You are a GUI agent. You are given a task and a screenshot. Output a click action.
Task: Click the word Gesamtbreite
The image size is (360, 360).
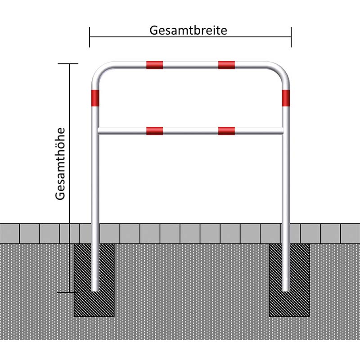coord(188,30)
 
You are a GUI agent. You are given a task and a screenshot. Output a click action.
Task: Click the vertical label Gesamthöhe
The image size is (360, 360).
coord(61,164)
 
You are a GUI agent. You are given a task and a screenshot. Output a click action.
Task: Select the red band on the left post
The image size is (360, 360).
coord(95,98)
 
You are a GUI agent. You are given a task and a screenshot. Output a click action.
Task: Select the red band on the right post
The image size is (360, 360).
coord(286,98)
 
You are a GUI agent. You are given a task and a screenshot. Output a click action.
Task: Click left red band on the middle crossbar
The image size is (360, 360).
coord(154,131)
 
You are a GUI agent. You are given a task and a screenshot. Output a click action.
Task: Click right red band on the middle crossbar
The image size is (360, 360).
coord(226,131)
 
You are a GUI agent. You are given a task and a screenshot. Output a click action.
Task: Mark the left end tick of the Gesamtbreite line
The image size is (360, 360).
coord(90,37)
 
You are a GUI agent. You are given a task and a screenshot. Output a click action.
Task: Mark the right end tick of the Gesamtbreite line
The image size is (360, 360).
coord(291,37)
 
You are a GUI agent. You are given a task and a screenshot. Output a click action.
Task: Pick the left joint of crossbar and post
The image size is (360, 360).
coord(98,131)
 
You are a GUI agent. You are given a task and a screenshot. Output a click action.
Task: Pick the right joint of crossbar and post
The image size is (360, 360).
coord(283,131)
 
